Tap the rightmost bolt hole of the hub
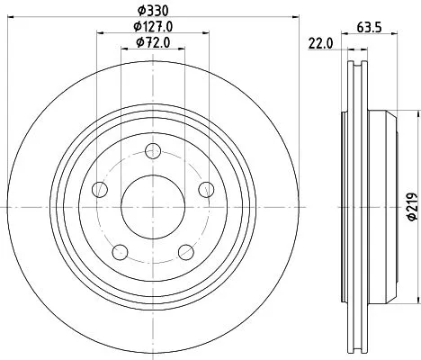point(206,188)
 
